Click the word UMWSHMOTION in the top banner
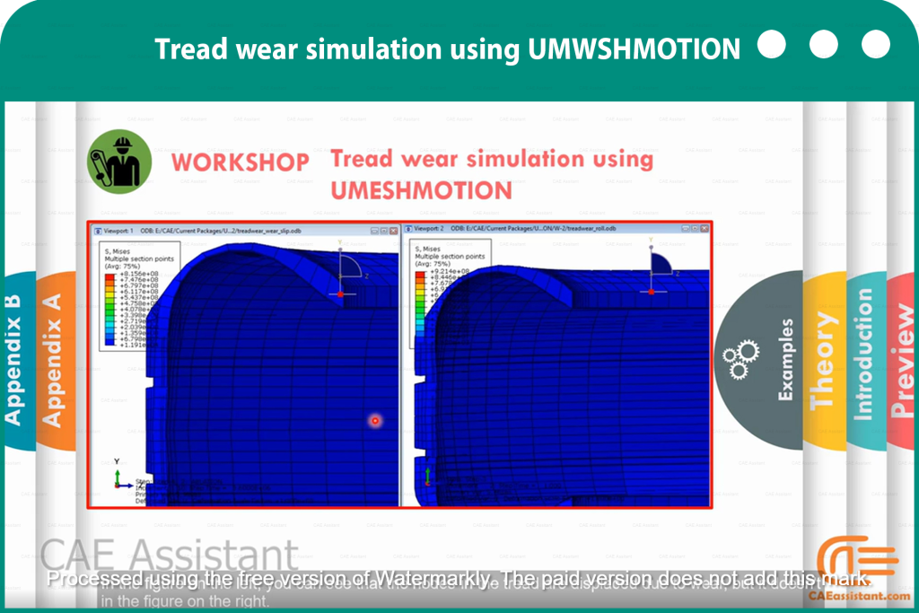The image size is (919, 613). coord(635,48)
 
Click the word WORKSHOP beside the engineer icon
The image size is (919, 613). coord(241,162)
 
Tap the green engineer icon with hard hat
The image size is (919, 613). coord(118,162)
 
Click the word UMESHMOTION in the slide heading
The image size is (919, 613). coord(421,190)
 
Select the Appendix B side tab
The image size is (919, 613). coord(13,359)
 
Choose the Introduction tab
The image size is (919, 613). coord(862,355)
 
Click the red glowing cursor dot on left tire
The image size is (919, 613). coord(375,420)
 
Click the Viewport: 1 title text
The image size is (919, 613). coord(119,230)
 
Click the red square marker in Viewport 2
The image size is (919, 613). coord(652,292)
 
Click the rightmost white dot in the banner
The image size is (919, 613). coord(875,44)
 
